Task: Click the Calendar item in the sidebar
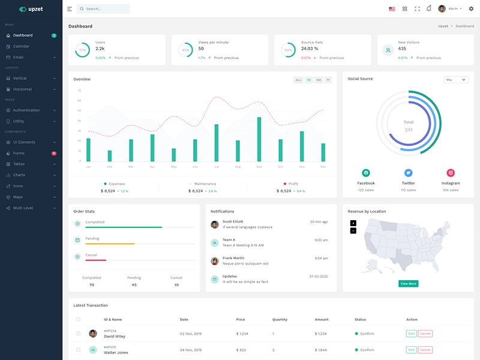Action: (x=21, y=46)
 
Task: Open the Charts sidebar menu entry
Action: (x=19, y=175)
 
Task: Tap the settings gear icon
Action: (x=471, y=9)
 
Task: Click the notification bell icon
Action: (x=428, y=9)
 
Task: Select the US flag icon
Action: (x=392, y=9)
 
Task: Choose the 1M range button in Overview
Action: (x=308, y=80)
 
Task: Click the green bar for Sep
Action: (x=259, y=139)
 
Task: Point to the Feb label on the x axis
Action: (x=110, y=166)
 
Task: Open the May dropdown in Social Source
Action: (x=456, y=79)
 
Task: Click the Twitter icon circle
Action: (x=409, y=173)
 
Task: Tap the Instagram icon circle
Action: (x=451, y=173)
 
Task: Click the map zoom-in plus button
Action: (x=353, y=223)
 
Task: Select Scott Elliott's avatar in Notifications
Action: (x=215, y=224)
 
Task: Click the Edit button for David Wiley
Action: (x=411, y=334)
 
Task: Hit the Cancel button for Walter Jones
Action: (x=425, y=350)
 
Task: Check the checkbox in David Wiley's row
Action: (x=78, y=334)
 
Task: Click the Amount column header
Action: (x=322, y=319)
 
